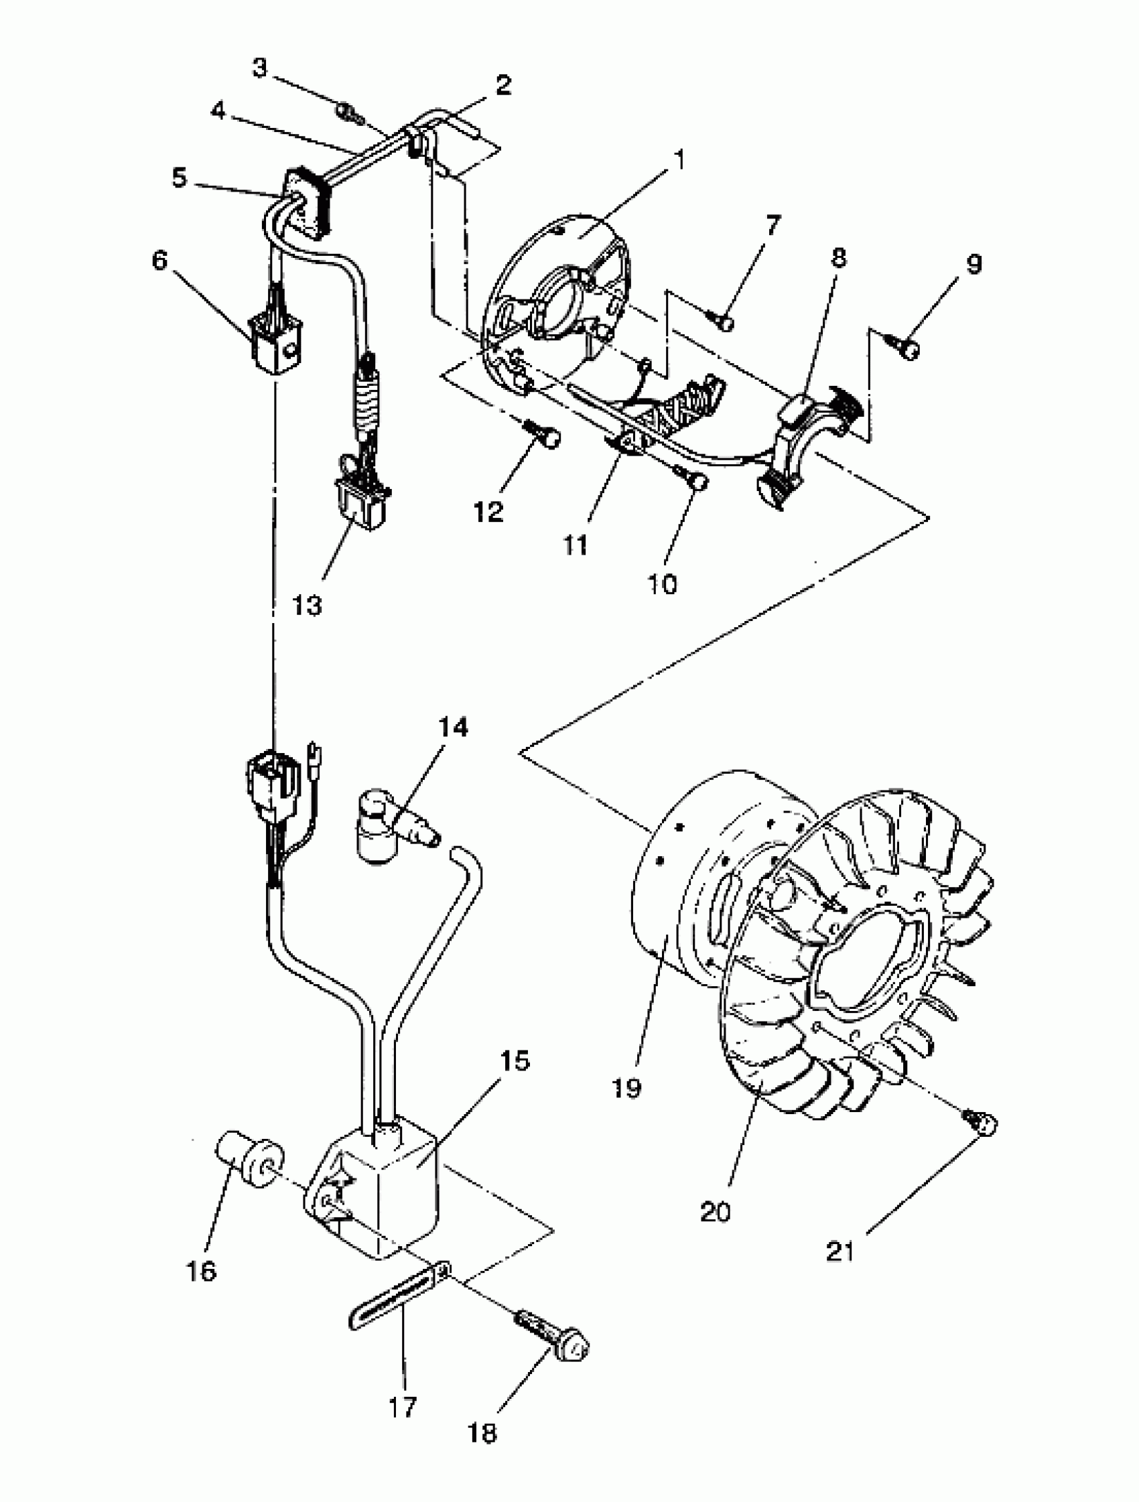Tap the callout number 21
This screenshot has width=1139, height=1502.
pos(841,1251)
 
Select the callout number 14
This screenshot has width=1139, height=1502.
pos(453,728)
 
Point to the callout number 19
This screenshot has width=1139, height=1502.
pos(626,1089)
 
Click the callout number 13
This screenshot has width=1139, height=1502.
pos(307,604)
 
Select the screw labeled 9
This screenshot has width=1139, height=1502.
pos(907,347)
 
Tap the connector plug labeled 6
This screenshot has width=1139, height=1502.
pos(277,346)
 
